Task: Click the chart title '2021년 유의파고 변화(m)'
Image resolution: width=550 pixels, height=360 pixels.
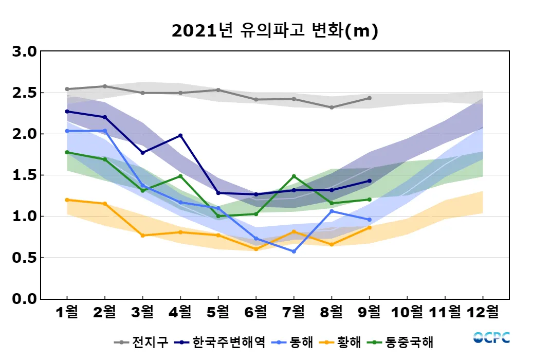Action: click(275, 31)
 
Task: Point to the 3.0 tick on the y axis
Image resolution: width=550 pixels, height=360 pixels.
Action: click(25, 52)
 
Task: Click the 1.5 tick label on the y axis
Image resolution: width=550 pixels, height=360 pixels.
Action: click(25, 175)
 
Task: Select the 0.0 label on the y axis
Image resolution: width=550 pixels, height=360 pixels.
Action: click(25, 299)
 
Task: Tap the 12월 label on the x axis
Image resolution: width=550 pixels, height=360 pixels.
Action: click(482, 312)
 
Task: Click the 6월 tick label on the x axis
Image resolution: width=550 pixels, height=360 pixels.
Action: click(256, 312)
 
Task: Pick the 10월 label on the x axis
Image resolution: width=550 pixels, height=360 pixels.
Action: click(407, 312)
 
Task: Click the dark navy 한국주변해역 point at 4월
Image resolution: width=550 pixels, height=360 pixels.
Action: click(180, 135)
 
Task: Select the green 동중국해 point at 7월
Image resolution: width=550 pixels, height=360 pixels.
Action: click(294, 176)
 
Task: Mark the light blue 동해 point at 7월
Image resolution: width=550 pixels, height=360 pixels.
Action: click(294, 251)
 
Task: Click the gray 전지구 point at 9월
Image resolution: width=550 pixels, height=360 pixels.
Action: click(370, 98)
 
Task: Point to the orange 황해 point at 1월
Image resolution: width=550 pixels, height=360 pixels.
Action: click(67, 200)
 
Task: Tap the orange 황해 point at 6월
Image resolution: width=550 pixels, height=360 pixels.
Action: click(256, 249)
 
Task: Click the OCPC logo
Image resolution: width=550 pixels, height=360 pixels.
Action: click(491, 338)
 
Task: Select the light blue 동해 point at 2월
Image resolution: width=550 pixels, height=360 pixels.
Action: click(105, 131)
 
